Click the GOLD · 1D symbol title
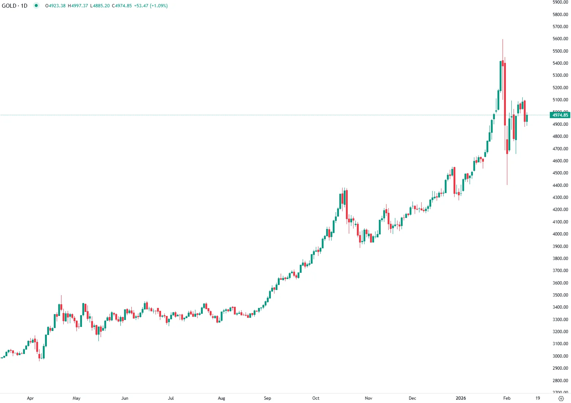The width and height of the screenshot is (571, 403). coord(15,6)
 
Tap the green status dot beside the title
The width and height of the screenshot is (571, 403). coord(36,5)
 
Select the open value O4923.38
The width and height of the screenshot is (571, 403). coord(55,6)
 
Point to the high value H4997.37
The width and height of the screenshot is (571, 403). coord(78,6)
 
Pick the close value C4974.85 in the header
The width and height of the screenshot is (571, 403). coord(122,6)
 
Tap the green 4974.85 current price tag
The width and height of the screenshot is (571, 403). coord(560,115)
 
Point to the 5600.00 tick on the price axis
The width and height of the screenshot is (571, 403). coord(560,39)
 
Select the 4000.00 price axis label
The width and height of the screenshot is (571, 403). coord(560,234)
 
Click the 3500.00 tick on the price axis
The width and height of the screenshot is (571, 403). coord(560,295)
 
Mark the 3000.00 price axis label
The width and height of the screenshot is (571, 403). coord(560,356)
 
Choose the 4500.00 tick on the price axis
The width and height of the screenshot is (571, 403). coord(560,173)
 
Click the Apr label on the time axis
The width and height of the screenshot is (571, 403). coord(30,398)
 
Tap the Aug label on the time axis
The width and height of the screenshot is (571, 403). coord(221,398)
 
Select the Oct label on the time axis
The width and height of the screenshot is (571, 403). coord(316,398)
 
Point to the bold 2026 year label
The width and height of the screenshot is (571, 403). coord(461,398)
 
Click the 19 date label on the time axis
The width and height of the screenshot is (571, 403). coord(538,398)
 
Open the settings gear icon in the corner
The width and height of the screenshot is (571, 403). coord(561,398)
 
